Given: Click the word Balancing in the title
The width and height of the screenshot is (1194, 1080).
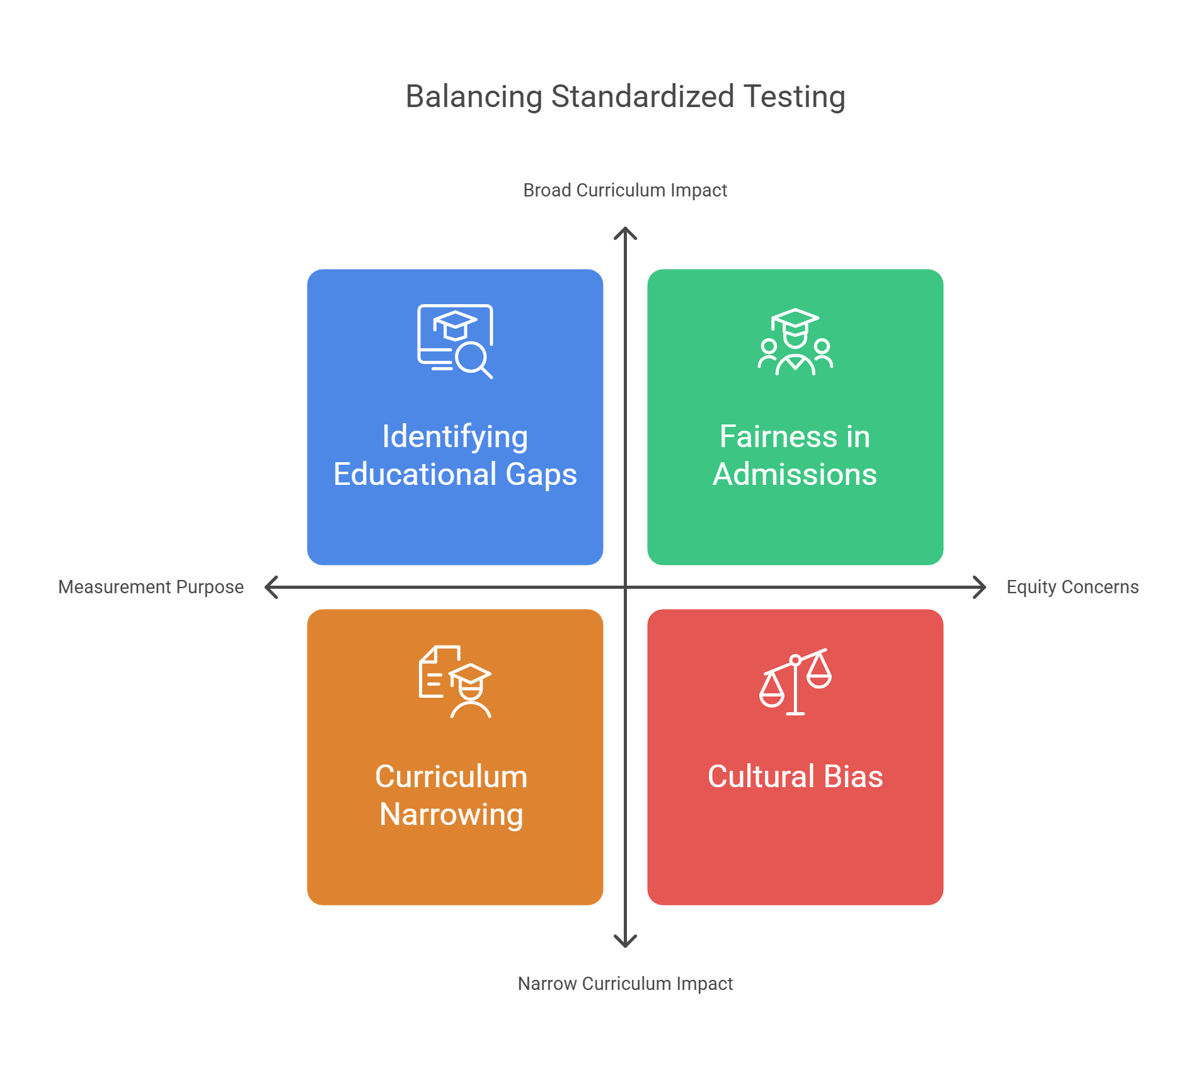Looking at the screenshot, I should [474, 97].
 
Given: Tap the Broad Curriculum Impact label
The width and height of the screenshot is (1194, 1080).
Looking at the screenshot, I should [625, 190].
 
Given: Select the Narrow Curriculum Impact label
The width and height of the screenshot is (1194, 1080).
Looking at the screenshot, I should [625, 984].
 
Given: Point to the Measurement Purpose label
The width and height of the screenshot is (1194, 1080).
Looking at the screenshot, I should [151, 587].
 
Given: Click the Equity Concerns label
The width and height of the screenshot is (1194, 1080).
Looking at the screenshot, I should [1072, 587].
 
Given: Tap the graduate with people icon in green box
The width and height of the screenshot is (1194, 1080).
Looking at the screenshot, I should [795, 342].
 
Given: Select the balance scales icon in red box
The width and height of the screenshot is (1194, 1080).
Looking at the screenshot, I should [795, 682].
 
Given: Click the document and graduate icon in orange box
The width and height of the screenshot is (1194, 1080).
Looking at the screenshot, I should [455, 682].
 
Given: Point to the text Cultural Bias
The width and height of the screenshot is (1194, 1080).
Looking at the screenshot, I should [795, 776].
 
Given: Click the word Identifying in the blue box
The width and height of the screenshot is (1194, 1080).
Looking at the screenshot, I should [455, 437].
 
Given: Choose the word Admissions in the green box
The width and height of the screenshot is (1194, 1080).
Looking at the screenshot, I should [795, 474].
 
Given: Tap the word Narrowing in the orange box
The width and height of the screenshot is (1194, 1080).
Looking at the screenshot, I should [451, 814].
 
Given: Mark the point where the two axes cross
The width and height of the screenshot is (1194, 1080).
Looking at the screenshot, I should [625, 587].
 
